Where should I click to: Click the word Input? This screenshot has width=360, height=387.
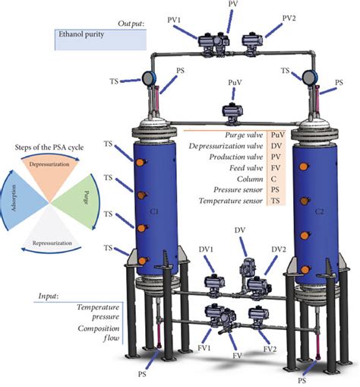(47, 294)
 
